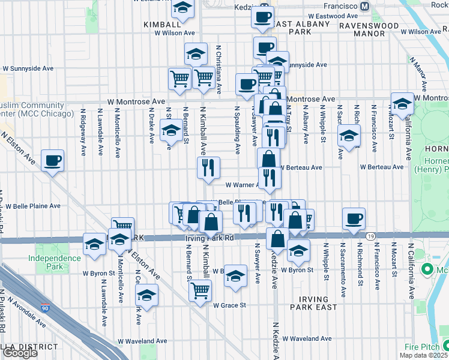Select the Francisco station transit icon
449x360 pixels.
tap(364, 6)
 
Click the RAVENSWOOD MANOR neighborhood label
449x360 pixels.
tap(370, 29)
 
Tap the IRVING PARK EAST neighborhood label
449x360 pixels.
tap(313, 304)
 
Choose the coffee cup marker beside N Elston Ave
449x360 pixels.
tap(53, 161)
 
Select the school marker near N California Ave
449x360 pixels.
tap(402, 103)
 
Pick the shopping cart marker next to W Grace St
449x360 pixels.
tap(200, 291)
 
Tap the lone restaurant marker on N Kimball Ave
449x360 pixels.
tap(208, 169)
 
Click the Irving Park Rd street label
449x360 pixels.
tap(208, 238)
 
